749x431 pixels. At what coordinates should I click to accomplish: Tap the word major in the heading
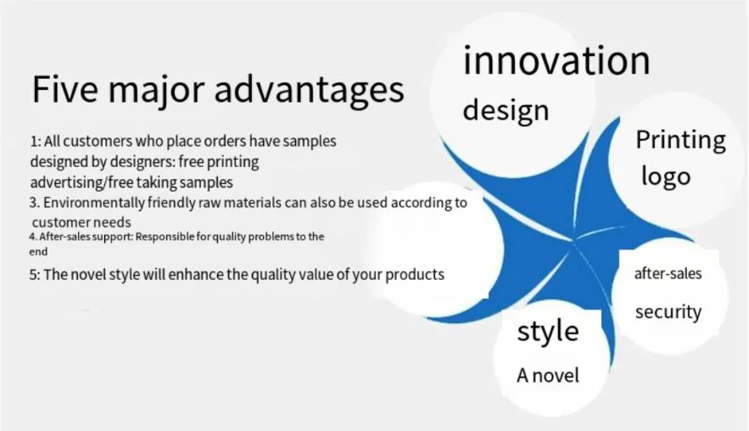(156, 92)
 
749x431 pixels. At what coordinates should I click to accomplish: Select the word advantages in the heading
(310, 92)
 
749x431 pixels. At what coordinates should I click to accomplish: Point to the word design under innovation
(506, 110)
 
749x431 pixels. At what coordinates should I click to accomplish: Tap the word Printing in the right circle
(680, 141)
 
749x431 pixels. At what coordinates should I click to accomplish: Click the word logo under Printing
(666, 176)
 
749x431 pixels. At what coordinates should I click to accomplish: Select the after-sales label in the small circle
(668, 273)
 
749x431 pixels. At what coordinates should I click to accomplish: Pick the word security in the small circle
(668, 311)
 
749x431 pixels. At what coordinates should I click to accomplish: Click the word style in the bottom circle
(548, 331)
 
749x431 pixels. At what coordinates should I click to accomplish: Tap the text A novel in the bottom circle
(547, 375)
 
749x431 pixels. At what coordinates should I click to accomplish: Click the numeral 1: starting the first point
(36, 142)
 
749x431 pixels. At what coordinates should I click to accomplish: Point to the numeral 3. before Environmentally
(34, 203)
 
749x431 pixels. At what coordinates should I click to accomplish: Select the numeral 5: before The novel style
(35, 275)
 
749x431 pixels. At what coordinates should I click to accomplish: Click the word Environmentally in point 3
(93, 203)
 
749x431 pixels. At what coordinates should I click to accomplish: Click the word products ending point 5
(415, 275)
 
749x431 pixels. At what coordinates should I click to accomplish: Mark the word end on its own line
(38, 252)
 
